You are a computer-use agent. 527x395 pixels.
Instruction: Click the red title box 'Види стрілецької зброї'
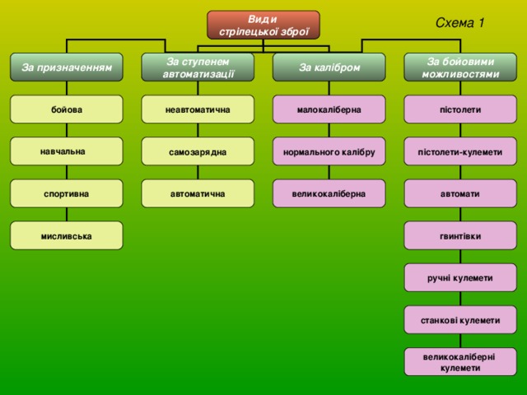(263, 26)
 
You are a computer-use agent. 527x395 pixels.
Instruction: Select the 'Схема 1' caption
(459, 23)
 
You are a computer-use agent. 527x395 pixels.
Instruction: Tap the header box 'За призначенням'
(67, 67)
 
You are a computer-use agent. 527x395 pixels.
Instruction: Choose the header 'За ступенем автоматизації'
(198, 67)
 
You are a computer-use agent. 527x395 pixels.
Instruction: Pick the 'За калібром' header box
(329, 67)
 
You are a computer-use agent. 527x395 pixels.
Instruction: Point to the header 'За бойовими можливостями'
(460, 67)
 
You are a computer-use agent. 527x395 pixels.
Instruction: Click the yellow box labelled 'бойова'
(67, 109)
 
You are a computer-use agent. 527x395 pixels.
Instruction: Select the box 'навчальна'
(67, 151)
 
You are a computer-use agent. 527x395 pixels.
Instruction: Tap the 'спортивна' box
(67, 193)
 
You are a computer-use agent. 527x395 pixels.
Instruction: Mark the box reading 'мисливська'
(67, 235)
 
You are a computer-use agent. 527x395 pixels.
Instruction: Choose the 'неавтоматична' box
(198, 109)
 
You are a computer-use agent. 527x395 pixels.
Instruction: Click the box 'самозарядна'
(198, 151)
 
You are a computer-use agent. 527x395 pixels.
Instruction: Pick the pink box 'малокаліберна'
(329, 109)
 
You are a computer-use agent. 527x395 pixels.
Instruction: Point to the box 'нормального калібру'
(329, 151)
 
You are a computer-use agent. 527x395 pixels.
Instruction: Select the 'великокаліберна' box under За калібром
(329, 193)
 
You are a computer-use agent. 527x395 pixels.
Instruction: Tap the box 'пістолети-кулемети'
(460, 151)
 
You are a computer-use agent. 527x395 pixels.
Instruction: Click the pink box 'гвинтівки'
(460, 235)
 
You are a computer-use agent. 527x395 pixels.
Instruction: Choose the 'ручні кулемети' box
(460, 278)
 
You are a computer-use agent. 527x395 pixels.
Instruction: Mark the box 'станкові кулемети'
(460, 320)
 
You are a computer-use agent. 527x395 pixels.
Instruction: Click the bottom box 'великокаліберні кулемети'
(460, 362)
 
